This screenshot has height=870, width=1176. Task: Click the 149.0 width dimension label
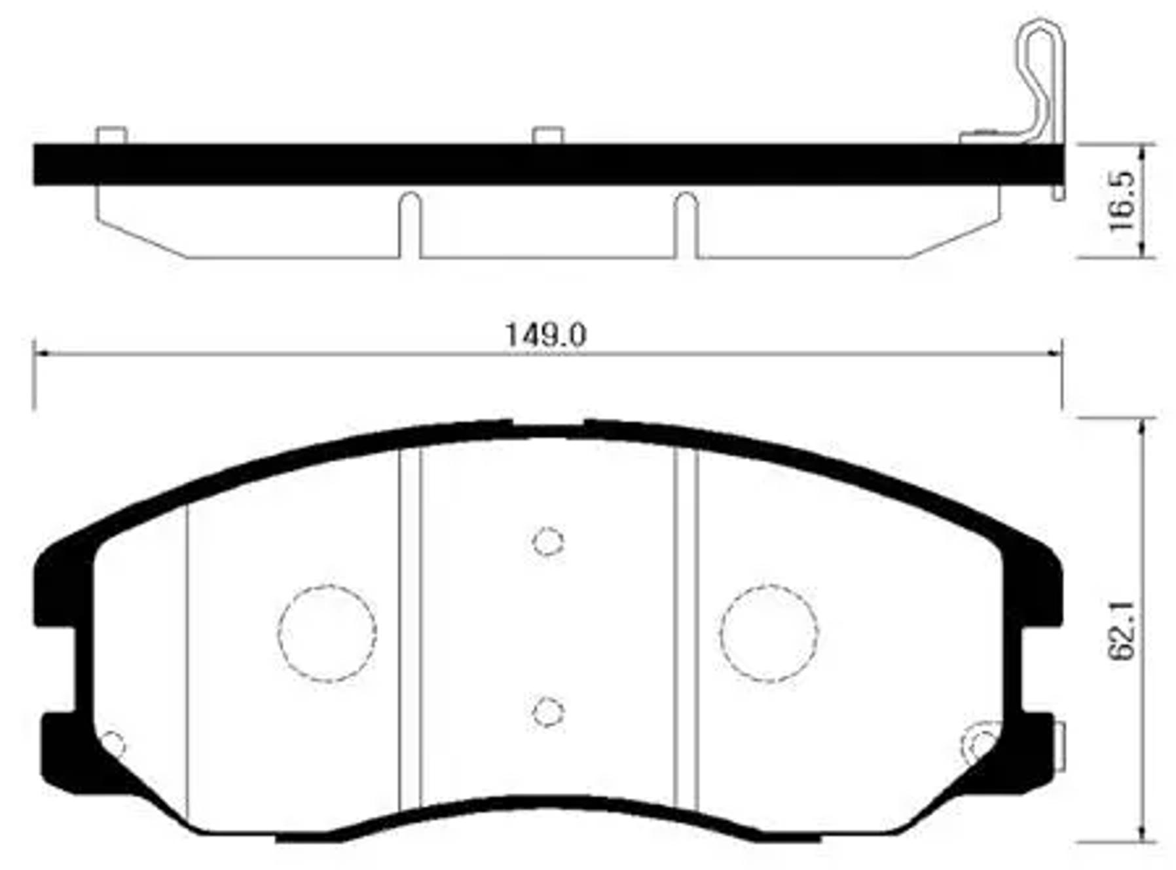click(545, 336)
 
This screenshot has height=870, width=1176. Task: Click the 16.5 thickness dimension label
click(1122, 201)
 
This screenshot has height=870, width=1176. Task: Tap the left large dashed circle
click(327, 633)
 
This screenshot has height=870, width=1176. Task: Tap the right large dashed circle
click(769, 633)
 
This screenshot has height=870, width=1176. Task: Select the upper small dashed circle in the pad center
click(548, 542)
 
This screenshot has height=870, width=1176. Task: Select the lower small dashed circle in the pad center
click(548, 712)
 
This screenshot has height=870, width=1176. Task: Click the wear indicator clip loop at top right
click(1041, 66)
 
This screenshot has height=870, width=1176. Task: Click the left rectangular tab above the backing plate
click(111, 135)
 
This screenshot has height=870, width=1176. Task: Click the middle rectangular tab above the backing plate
click(548, 135)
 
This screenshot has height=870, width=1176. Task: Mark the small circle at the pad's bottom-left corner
click(114, 745)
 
